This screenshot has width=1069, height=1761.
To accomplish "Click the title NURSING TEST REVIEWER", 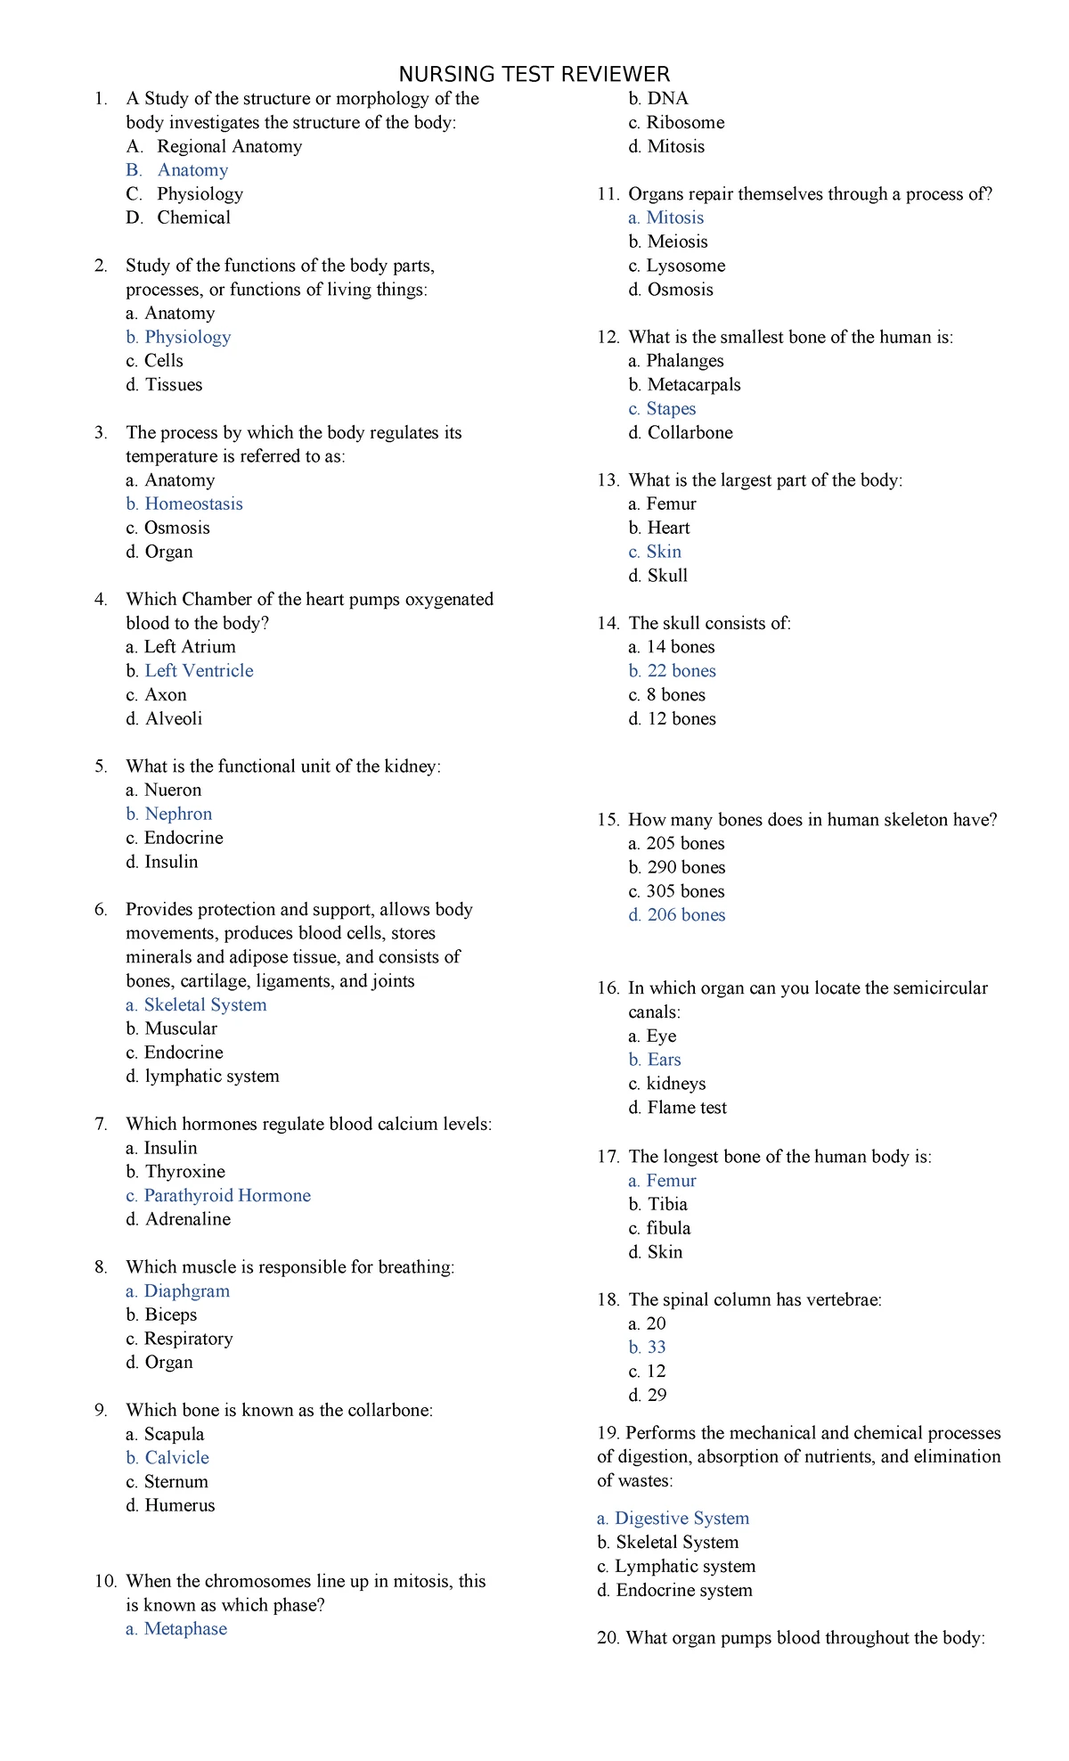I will (534, 74).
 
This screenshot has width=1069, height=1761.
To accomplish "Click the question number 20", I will (608, 1637).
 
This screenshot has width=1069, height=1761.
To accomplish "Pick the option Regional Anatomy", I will (229, 146).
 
